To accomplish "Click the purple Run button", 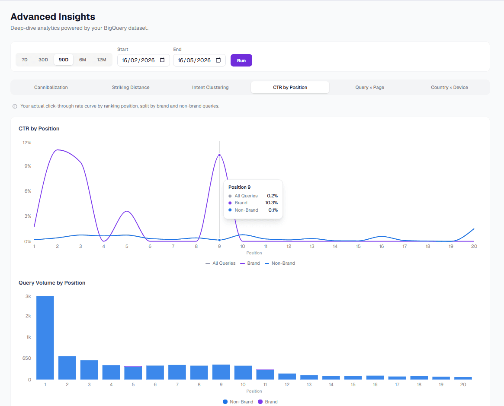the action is click(x=241, y=60).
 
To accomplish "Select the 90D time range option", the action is click(x=63, y=60).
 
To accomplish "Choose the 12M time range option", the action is click(x=102, y=60).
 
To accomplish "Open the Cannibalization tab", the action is click(x=51, y=87).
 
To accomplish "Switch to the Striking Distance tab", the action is click(x=131, y=87).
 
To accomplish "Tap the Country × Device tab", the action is click(x=449, y=87).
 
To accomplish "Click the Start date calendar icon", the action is click(x=162, y=60).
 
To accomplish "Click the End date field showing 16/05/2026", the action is click(x=199, y=60).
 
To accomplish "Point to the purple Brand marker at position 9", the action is click(x=219, y=155).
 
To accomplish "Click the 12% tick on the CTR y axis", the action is click(x=27, y=143).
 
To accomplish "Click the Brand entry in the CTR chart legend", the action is click(x=250, y=263).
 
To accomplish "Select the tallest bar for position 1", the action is click(x=45, y=338).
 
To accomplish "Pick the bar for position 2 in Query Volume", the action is click(x=67, y=368).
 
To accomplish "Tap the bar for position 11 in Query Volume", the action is click(x=265, y=374).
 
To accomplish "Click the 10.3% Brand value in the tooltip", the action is click(x=271, y=203).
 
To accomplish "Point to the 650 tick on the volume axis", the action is click(x=27, y=358).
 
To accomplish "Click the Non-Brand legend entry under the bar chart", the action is click(x=238, y=402).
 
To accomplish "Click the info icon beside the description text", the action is click(x=15, y=106).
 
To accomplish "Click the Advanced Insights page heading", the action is click(x=53, y=17).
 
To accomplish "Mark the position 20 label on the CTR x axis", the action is click(x=474, y=247).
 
